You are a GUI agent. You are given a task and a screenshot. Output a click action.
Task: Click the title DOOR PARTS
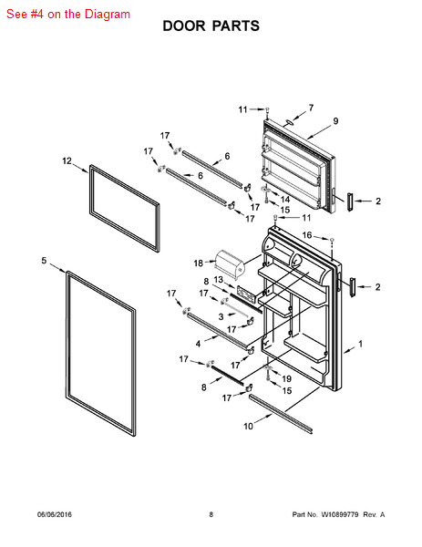pos(211,26)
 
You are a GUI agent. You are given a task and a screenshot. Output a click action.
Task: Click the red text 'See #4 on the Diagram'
pos(67,14)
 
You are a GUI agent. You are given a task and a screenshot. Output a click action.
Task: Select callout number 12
pos(67,160)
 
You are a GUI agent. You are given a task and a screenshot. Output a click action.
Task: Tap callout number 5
pos(44,261)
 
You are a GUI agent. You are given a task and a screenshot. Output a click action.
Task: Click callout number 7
pos(310,108)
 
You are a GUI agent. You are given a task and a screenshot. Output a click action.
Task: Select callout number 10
pos(248,426)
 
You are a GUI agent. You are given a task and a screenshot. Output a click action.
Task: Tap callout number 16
pos(307,235)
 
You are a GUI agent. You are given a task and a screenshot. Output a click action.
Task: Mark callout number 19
pos(285,378)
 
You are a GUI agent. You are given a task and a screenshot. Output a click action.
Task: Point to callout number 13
pos(219,280)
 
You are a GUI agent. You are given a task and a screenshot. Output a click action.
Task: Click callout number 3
pos(220,315)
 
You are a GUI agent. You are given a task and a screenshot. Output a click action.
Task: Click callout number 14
pos(284,199)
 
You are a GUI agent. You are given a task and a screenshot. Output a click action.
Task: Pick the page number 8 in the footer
pos(211,515)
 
